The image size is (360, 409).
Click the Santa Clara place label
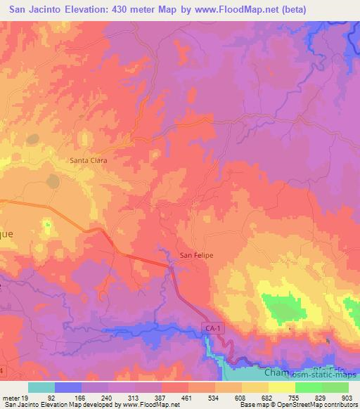click(88, 160)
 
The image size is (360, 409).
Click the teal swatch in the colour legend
click(41, 387)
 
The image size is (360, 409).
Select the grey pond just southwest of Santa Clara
click(53, 181)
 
